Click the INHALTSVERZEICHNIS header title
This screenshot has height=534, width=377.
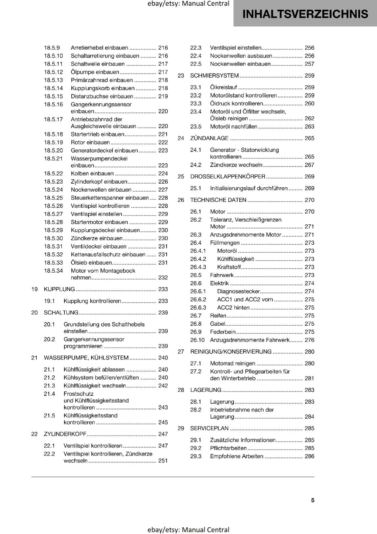[305, 14]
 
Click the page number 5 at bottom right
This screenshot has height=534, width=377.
[313, 500]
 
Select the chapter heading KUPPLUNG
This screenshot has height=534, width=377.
[59, 289]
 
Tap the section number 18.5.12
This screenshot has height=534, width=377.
[53, 72]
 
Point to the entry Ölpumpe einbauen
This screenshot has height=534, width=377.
[95, 72]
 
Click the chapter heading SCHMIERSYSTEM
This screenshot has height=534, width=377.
[215, 76]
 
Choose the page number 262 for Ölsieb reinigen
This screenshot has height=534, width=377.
[309, 118]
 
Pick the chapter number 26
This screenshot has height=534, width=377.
[181, 200]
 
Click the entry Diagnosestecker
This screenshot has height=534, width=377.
[238, 291]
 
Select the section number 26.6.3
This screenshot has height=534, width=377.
[198, 308]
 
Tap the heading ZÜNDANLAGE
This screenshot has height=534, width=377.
[209, 138]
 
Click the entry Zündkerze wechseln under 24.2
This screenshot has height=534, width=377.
[236, 165]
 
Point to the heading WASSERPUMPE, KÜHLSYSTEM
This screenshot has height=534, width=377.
[86, 358]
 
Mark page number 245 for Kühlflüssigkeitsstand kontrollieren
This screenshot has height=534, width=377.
[163, 423]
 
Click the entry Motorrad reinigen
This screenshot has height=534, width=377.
[233, 363]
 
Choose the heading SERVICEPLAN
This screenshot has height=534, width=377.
[209, 428]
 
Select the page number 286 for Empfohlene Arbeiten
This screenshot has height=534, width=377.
[309, 456]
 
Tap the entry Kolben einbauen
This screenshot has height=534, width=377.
[92, 174]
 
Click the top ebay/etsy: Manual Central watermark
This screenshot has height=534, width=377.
[188, 4]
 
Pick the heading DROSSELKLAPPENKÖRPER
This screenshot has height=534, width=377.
[228, 177]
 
